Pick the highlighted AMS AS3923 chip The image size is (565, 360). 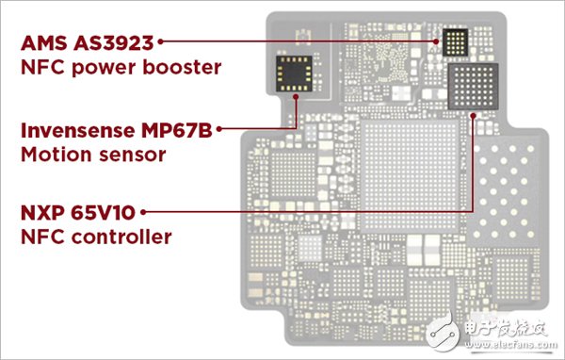coord(452,41)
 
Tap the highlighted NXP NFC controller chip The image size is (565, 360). coord(472,86)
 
